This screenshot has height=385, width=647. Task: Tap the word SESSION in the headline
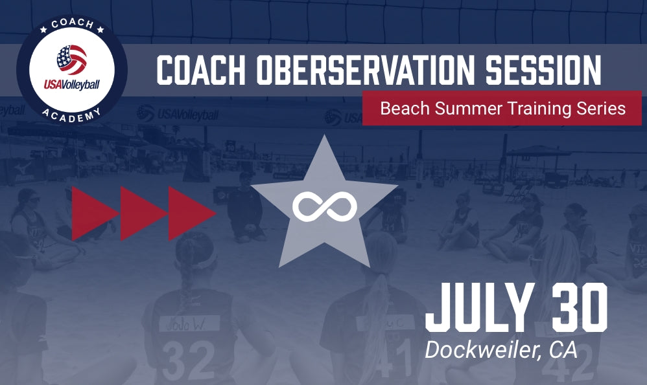(x=552, y=71)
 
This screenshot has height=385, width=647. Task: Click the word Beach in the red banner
(x=401, y=108)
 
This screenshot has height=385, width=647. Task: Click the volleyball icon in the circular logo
(x=72, y=60)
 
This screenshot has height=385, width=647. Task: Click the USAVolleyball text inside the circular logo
(x=72, y=84)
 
